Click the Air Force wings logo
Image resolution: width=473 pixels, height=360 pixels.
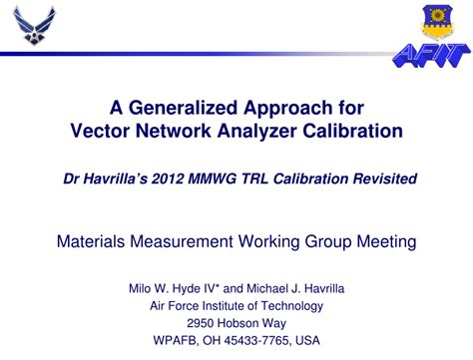pos(36,27)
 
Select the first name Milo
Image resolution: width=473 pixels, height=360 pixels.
pos(143,288)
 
